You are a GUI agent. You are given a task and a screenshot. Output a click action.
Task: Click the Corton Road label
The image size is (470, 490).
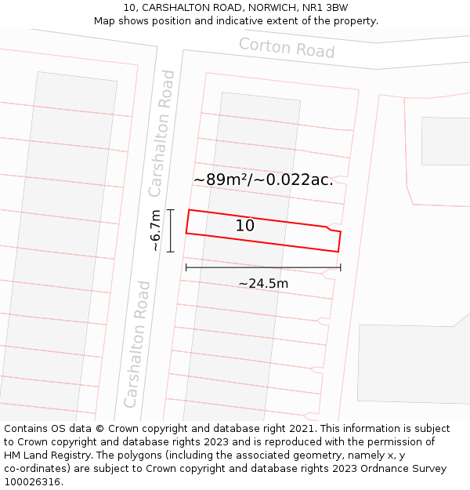point(287,48)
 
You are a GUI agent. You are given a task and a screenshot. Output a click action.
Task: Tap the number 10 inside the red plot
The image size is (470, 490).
point(245,226)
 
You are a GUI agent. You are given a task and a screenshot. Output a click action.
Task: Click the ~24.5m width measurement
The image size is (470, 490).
point(263,284)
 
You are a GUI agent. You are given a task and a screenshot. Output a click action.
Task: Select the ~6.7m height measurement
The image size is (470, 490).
point(156,230)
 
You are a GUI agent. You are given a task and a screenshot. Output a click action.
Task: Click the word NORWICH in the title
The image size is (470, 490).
point(261,8)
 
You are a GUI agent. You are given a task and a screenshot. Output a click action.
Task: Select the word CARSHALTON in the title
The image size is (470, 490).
point(176,8)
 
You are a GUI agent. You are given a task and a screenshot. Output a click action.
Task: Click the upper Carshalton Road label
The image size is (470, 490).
point(162,133)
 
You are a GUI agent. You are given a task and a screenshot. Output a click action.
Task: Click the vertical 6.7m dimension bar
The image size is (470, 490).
point(171,230)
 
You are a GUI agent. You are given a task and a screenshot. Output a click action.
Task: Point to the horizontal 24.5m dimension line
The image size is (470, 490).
point(263,268)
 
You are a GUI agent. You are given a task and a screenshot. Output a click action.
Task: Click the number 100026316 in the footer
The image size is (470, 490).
point(31,481)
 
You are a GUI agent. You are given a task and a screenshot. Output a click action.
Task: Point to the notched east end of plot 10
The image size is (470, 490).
point(335,233)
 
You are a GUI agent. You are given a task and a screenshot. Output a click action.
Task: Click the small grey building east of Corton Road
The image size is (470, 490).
point(446,141)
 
